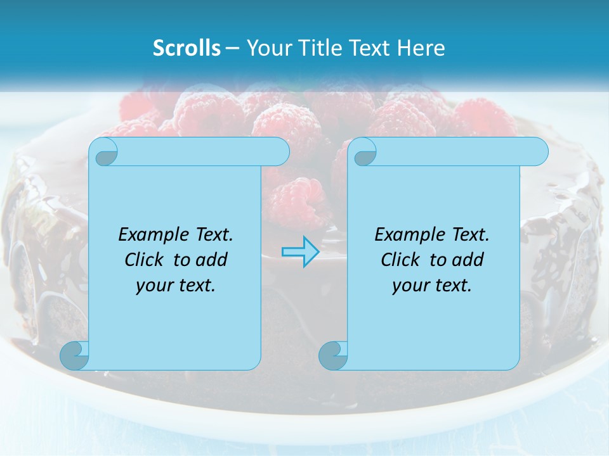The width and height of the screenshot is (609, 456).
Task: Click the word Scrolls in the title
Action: click(x=187, y=48)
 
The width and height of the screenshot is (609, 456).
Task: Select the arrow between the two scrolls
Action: click(x=300, y=251)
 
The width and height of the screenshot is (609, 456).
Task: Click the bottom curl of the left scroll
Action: click(x=74, y=356)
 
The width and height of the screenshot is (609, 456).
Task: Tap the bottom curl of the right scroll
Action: click(x=332, y=356)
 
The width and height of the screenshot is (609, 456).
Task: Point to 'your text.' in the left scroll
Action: click(x=175, y=286)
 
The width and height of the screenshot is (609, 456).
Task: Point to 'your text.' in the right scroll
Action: click(x=431, y=286)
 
